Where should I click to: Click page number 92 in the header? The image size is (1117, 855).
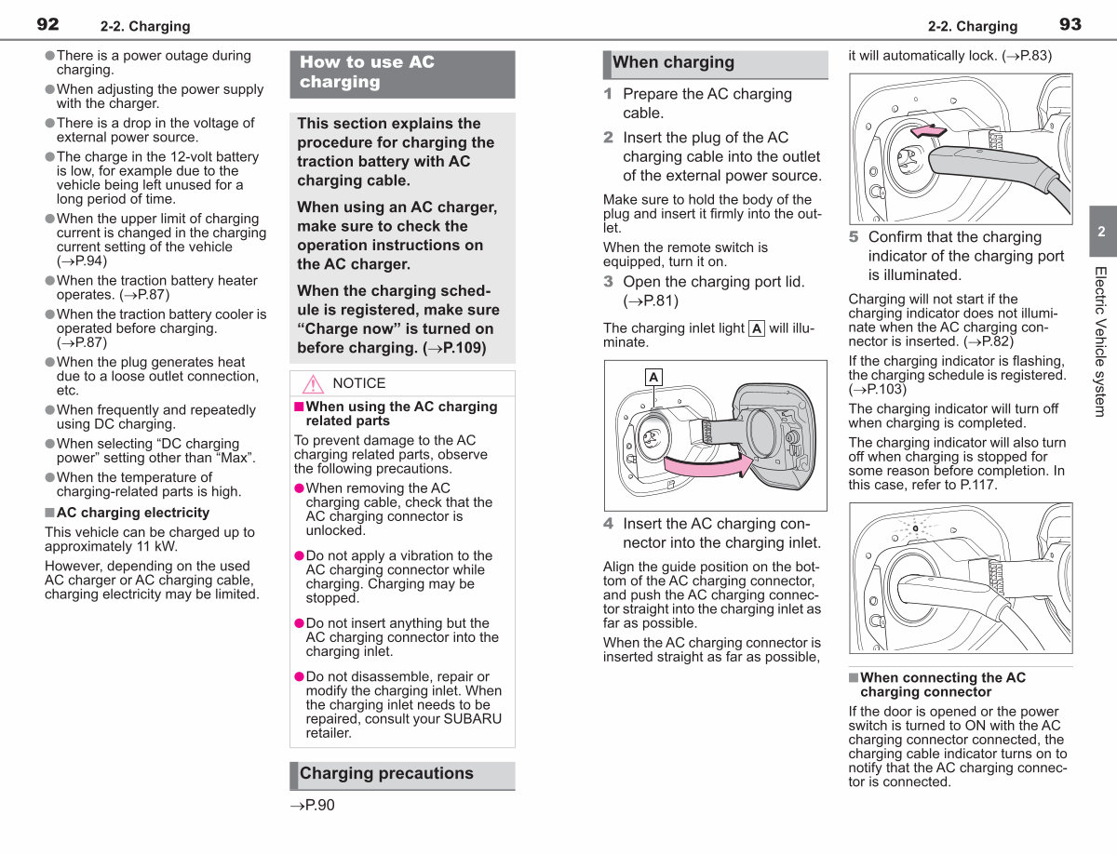(47, 24)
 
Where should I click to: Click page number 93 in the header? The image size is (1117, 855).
(1070, 24)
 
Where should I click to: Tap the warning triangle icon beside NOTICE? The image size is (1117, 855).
(313, 383)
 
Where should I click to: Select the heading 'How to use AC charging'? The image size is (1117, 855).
(367, 72)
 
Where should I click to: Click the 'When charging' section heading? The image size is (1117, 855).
(673, 62)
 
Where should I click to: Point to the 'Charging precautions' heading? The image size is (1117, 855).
(386, 773)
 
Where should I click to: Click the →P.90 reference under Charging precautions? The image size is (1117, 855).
(313, 805)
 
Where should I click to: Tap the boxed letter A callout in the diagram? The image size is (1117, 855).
(653, 378)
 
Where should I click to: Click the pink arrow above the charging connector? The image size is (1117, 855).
(928, 130)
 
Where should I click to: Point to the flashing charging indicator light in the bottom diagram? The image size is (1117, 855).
(916, 528)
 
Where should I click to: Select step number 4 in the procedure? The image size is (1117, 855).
(608, 523)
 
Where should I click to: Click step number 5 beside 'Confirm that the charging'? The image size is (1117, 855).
(854, 236)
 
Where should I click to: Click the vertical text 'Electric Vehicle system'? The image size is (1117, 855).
(1100, 341)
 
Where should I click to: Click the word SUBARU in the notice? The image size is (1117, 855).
(473, 718)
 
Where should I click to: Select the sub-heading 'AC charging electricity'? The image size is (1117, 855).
(133, 513)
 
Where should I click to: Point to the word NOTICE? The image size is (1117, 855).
(358, 383)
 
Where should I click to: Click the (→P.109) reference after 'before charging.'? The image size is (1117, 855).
(454, 348)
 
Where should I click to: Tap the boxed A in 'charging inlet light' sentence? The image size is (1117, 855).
(757, 328)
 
